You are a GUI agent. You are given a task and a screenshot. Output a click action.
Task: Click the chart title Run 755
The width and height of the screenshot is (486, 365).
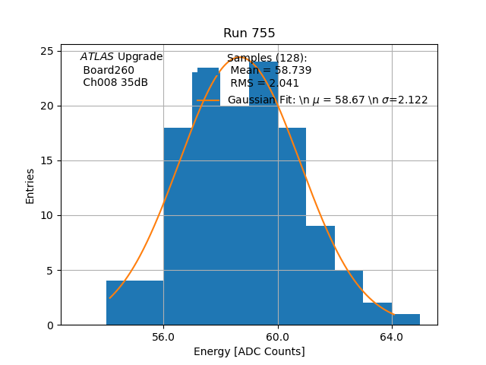click(249, 33)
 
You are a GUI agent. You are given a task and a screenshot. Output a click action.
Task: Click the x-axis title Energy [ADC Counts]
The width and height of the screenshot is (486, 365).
click(249, 351)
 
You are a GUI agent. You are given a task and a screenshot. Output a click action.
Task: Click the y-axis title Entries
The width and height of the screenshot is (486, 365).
click(30, 186)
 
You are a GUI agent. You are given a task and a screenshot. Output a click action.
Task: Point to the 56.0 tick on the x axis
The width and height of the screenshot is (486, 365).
click(163, 337)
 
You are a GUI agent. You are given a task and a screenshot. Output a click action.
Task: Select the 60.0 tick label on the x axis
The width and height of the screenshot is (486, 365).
click(278, 337)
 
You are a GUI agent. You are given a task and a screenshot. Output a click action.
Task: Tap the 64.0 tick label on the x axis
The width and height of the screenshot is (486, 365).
click(392, 337)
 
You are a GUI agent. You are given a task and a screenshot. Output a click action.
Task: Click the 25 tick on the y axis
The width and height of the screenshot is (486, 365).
click(47, 51)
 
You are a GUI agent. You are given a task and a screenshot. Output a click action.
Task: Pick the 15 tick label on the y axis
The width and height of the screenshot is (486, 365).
click(47, 160)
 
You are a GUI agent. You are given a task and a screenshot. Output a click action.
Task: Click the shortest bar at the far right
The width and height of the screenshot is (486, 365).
click(406, 319)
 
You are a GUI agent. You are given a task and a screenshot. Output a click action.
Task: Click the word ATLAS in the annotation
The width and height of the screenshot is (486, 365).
click(96, 57)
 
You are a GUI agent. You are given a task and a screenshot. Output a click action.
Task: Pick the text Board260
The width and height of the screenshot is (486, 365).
click(109, 70)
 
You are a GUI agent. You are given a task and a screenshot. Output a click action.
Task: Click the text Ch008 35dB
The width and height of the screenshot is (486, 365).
click(115, 82)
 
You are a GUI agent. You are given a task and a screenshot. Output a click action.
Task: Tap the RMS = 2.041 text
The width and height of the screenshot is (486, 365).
click(265, 83)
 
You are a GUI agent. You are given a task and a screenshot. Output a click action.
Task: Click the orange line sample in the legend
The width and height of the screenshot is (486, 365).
click(209, 100)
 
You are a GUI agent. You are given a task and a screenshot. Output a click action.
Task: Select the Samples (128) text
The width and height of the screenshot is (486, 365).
click(267, 58)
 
